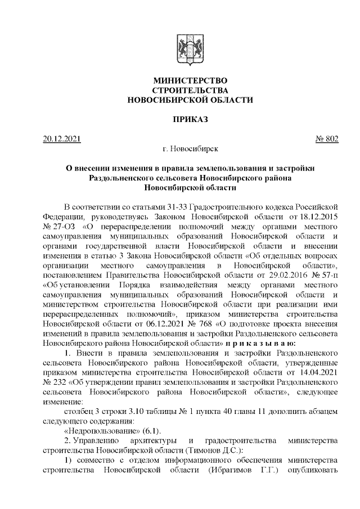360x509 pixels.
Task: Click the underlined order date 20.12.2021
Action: [62, 139]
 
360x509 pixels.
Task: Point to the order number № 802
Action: [325, 139]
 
